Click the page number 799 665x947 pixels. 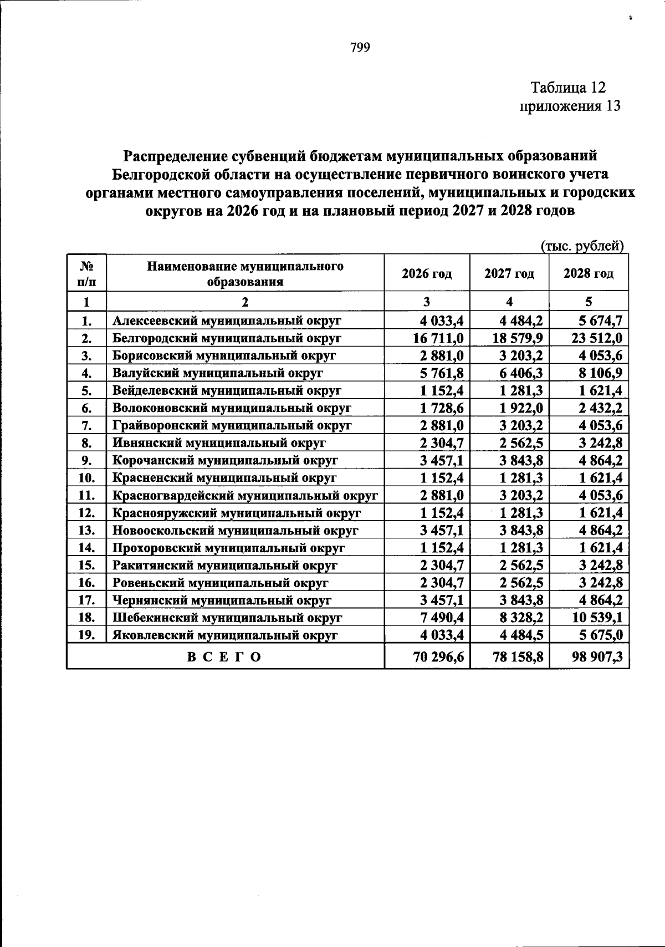[x=360, y=48]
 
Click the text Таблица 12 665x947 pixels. [x=568, y=88]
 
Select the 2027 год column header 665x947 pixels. [x=509, y=273]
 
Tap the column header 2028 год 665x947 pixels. [x=589, y=273]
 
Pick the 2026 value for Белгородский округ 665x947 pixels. [x=438, y=338]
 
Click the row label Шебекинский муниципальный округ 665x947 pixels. [x=227, y=618]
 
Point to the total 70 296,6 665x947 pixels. [x=438, y=658]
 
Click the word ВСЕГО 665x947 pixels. [x=224, y=658]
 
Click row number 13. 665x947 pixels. [x=86, y=531]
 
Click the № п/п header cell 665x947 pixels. [x=86, y=273]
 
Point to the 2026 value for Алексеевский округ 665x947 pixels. [x=441, y=320]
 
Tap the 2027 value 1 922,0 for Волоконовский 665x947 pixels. [x=521, y=408]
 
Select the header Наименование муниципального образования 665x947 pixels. [x=245, y=273]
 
